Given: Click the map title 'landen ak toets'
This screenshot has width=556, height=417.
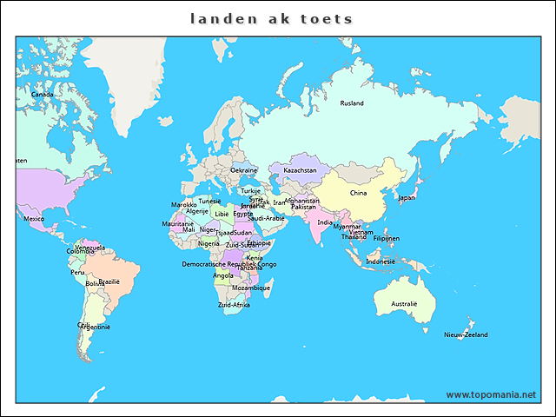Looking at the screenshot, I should (x=272, y=18).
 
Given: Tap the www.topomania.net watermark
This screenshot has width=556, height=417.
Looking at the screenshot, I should (x=491, y=394).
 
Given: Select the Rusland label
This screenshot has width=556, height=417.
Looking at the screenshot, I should (x=352, y=103).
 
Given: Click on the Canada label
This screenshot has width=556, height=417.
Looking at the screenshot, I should (x=42, y=95).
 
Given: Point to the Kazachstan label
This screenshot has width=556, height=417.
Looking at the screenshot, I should (x=300, y=170).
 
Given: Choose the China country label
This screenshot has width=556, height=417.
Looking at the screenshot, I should (x=358, y=193).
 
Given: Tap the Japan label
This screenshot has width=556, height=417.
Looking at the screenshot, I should (x=407, y=197).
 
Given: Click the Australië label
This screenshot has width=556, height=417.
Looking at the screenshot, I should (x=404, y=304).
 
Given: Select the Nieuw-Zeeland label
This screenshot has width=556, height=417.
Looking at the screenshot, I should (x=466, y=334).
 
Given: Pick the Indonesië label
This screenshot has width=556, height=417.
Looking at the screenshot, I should (x=381, y=261).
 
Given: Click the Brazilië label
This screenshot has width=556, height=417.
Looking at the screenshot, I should (x=109, y=281).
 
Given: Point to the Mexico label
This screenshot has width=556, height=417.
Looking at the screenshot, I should (x=34, y=219).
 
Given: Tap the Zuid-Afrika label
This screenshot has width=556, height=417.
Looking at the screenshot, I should (x=234, y=305).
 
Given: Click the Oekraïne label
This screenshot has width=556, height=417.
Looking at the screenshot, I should (x=243, y=170).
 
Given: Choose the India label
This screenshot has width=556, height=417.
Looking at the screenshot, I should (x=324, y=222).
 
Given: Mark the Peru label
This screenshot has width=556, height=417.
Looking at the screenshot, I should (x=78, y=272).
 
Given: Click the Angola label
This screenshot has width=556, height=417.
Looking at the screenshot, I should (x=222, y=275).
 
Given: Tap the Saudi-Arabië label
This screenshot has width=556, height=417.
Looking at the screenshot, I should (x=266, y=218).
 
